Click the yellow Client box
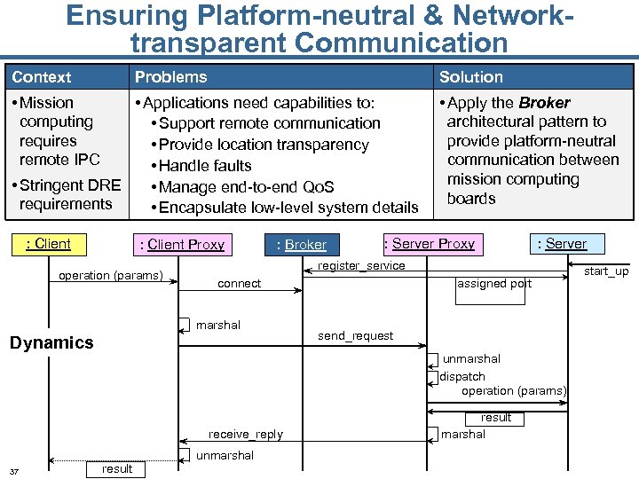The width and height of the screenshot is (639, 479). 48,244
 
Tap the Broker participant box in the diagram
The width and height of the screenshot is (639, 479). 301,245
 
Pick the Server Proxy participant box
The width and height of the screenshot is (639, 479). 433,244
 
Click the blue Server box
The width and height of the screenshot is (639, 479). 565,244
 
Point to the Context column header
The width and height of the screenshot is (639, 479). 42,77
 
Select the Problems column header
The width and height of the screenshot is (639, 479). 170,77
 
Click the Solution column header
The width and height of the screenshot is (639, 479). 470,77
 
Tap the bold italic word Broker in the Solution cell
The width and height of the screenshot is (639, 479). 544,103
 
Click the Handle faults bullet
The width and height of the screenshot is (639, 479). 205,166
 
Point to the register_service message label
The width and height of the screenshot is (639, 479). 361,266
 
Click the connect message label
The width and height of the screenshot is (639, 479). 240,284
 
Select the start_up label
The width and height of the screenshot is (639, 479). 605,271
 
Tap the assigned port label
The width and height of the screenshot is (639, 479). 494,284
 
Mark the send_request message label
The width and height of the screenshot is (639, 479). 355,336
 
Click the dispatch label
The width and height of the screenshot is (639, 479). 462,377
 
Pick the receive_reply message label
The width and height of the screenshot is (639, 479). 246,434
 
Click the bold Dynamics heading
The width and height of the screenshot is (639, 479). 51,342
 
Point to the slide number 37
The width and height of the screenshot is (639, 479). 14,471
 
